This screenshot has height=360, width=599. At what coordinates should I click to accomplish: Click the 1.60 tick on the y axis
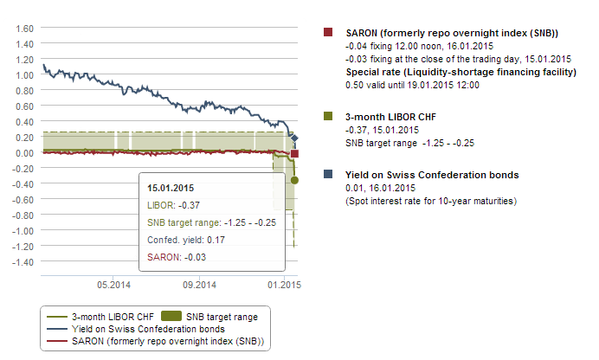23,28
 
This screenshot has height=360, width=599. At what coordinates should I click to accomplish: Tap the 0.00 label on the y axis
23,153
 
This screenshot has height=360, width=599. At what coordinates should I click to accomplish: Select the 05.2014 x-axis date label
113,284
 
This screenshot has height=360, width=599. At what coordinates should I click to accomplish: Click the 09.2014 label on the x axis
198,284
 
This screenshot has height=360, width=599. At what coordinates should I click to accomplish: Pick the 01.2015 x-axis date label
283,284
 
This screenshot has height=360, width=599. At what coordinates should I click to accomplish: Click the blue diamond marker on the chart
294,138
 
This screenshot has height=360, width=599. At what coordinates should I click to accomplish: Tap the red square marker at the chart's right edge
294,154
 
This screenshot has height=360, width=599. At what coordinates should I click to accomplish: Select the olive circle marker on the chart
295,180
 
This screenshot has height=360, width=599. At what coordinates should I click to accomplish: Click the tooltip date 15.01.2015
171,188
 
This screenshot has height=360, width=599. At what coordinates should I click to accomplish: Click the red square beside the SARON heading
328,33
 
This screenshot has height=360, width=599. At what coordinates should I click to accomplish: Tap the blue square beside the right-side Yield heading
328,175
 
